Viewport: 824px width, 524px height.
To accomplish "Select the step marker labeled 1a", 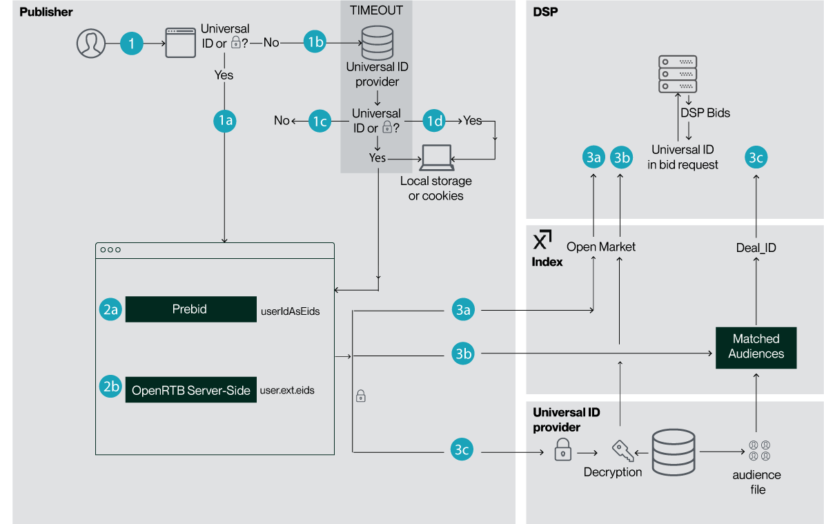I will (x=225, y=121).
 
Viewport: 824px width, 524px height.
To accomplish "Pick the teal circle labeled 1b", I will (x=315, y=43).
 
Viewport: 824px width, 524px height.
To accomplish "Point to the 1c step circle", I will (x=320, y=121).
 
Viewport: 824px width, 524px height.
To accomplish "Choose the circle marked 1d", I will (x=434, y=121).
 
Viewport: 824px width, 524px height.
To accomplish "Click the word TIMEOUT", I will (x=376, y=10).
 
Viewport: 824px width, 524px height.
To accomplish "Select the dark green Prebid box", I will (x=190, y=309).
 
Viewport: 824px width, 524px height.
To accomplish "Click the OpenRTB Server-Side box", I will (x=190, y=390).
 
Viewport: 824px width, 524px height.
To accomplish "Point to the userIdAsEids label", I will (x=290, y=311).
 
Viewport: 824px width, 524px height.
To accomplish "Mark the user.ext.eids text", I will (x=287, y=391).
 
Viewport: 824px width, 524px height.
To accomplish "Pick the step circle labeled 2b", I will (x=110, y=387).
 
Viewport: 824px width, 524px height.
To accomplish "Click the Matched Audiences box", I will (x=756, y=347).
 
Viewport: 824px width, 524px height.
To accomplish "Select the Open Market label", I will (x=601, y=246).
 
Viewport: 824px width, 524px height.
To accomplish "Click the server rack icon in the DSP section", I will (x=677, y=72).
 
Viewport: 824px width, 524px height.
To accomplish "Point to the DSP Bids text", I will (x=705, y=113).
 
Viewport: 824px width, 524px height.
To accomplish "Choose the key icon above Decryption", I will (x=622, y=451).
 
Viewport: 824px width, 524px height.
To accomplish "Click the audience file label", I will (x=757, y=483).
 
